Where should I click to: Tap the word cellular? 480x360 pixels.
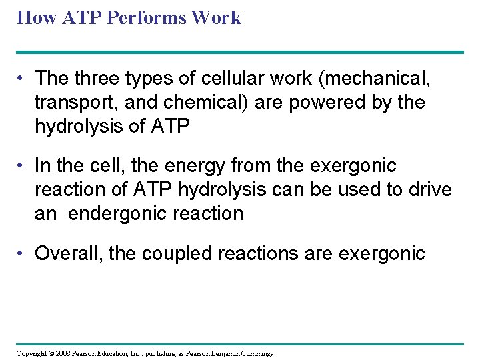coord(223,79)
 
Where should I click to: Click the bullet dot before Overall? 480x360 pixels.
coord(22,254)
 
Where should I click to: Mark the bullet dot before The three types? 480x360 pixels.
coord(22,79)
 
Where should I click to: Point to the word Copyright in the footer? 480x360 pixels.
coord(30,353)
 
